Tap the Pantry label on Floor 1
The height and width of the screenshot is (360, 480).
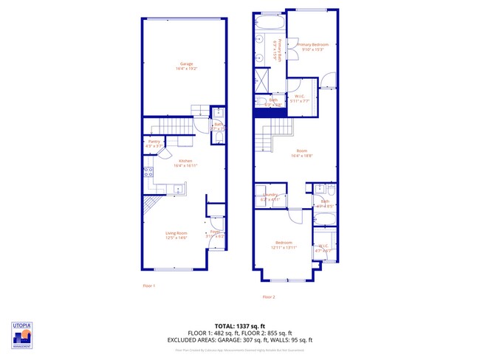click(x=154, y=143)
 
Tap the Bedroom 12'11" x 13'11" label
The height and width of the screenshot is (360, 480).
click(x=284, y=245)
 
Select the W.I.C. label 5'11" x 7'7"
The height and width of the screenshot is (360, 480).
click(x=301, y=98)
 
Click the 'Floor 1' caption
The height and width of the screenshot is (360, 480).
click(x=148, y=285)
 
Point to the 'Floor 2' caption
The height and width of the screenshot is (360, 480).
click(x=268, y=297)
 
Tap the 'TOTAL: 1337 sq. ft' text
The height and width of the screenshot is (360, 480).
click(x=239, y=325)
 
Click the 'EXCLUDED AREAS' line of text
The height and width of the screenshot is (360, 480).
click(x=239, y=340)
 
